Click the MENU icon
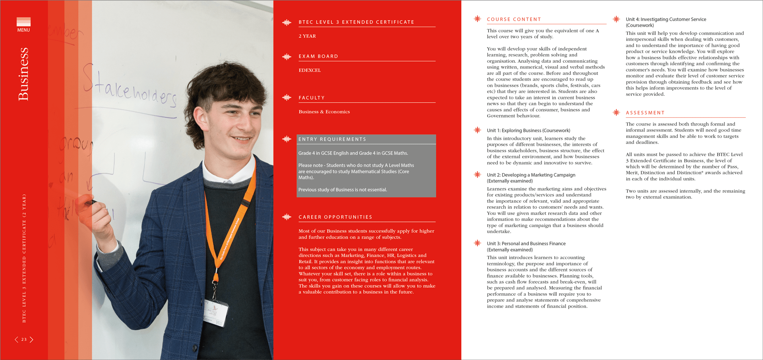tap(23, 24)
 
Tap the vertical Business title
tap(23, 74)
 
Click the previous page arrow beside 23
tap(16, 339)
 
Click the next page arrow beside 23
tap(31, 339)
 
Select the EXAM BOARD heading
tap(318, 56)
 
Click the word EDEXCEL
tap(310, 70)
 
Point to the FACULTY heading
tap(312, 98)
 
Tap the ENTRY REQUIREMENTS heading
tap(332, 139)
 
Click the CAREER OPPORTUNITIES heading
tap(335, 217)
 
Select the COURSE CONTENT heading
tap(514, 19)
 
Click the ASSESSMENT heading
tap(645, 113)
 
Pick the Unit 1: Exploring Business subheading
tap(528, 130)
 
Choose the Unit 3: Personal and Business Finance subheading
tap(526, 244)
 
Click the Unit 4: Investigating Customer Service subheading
tap(666, 19)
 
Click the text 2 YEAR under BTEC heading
tap(307, 36)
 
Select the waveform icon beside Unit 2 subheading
tap(477, 174)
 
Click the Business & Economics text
tap(324, 112)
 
